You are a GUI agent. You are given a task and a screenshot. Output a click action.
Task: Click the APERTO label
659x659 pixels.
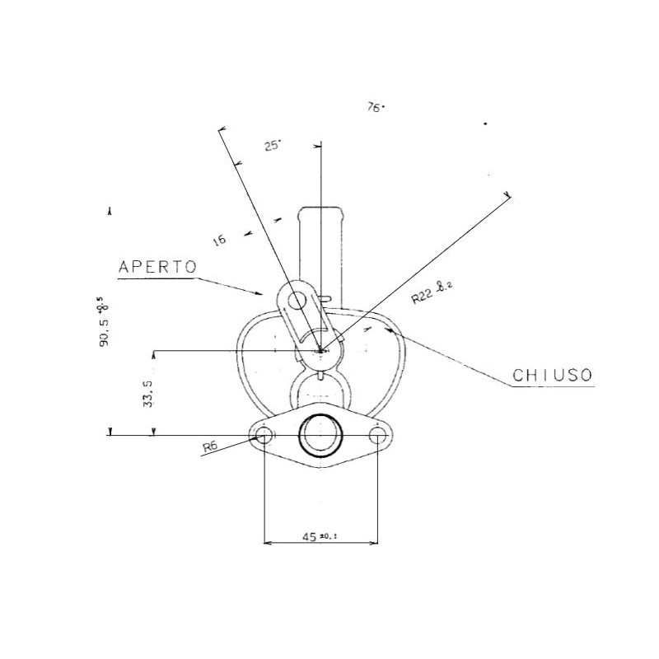157,267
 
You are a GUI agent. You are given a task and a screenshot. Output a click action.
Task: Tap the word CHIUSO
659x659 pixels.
552,375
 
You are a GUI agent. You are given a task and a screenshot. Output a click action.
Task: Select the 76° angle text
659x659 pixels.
376,107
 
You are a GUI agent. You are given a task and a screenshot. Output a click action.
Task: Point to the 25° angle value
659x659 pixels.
273,146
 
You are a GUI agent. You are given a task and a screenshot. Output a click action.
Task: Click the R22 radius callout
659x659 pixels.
432,292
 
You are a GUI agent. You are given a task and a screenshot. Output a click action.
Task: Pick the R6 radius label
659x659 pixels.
213,447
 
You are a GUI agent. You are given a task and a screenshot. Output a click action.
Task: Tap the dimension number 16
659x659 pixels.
219,240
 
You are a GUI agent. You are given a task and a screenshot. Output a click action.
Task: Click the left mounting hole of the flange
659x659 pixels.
264,434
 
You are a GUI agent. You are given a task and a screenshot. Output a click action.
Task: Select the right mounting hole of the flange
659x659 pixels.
378,434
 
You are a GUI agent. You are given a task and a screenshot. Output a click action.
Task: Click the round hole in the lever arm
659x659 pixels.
296,301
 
